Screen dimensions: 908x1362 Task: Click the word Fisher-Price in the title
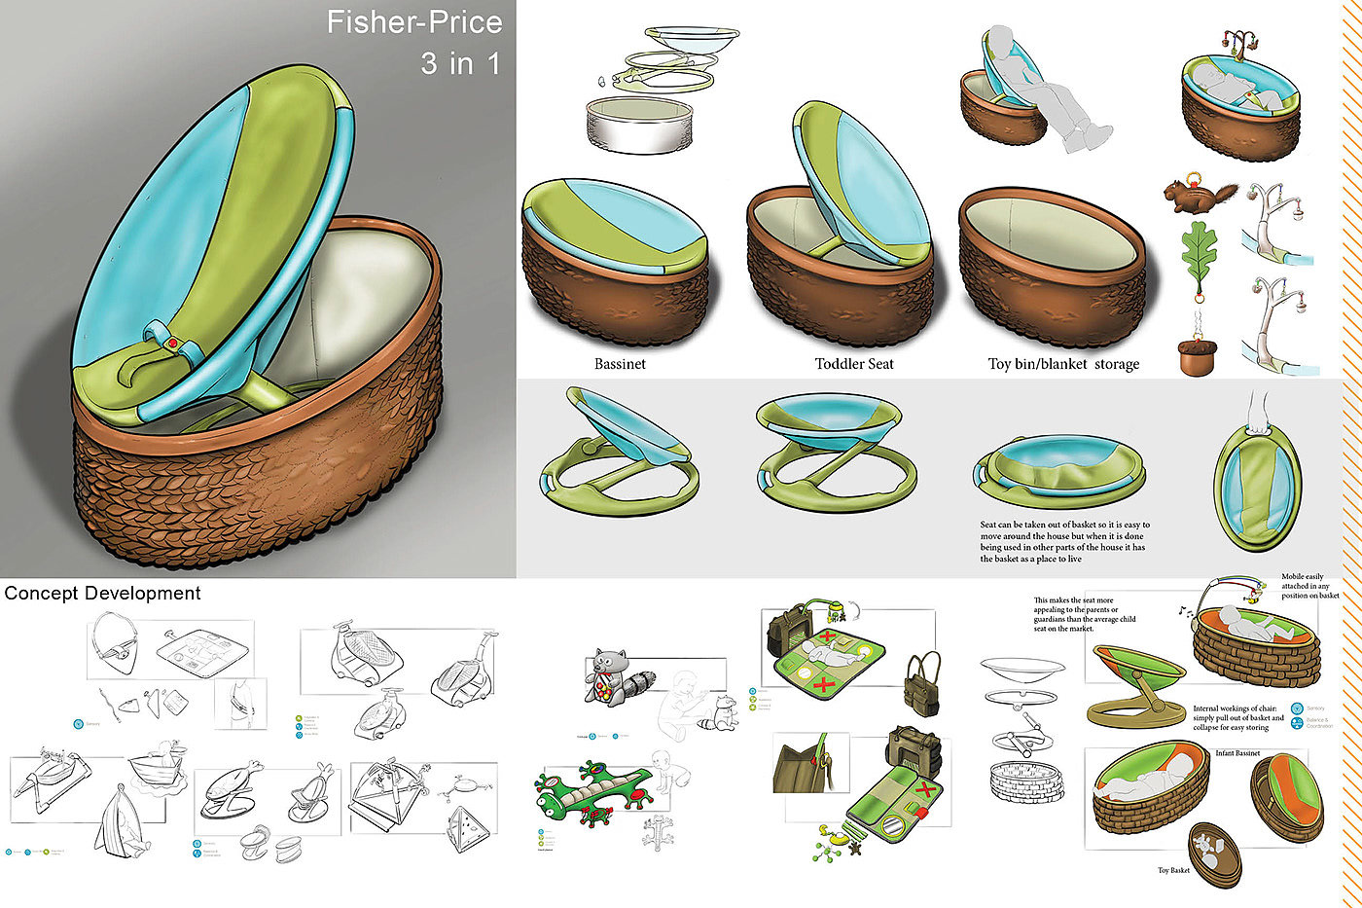click(x=414, y=23)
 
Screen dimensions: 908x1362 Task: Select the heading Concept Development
click(x=102, y=593)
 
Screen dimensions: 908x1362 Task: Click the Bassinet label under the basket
click(x=620, y=364)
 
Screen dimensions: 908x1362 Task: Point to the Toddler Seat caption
click(x=854, y=364)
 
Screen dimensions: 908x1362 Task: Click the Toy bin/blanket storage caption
click(x=1063, y=364)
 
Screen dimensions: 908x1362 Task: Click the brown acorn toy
click(x=1198, y=356)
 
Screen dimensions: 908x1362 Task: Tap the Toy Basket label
click(x=1173, y=870)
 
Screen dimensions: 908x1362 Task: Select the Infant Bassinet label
click(x=1237, y=753)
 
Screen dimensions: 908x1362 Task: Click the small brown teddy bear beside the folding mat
click(x=856, y=849)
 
